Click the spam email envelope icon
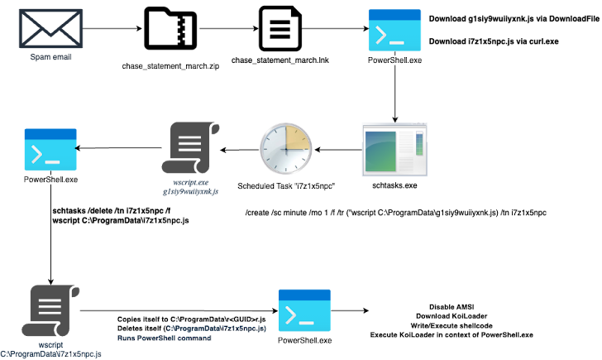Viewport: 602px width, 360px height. point(50,29)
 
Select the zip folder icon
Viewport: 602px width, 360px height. point(170,29)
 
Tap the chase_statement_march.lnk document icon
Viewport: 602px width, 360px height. point(279,28)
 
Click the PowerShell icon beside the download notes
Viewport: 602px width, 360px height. point(394,30)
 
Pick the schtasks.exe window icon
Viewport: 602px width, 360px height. point(394,150)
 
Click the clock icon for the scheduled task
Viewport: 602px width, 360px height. point(286,149)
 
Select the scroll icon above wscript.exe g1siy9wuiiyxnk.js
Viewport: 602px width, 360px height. point(190,147)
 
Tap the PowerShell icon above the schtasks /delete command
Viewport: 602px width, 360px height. point(50,150)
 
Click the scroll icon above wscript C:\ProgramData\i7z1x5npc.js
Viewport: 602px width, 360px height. point(50,310)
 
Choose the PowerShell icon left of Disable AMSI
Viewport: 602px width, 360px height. point(304,310)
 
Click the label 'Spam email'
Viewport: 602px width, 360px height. point(50,57)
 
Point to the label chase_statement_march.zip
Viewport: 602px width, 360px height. point(170,66)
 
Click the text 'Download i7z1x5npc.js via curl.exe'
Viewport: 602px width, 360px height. point(494,41)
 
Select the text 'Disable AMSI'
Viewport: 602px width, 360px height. point(451,307)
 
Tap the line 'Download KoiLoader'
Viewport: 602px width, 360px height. point(451,316)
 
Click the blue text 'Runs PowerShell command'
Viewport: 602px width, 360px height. point(165,338)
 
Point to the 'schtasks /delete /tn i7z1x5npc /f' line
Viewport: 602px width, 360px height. point(112,211)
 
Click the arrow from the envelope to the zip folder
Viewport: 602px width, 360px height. point(112,28)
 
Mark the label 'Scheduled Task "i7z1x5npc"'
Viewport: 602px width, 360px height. point(286,186)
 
